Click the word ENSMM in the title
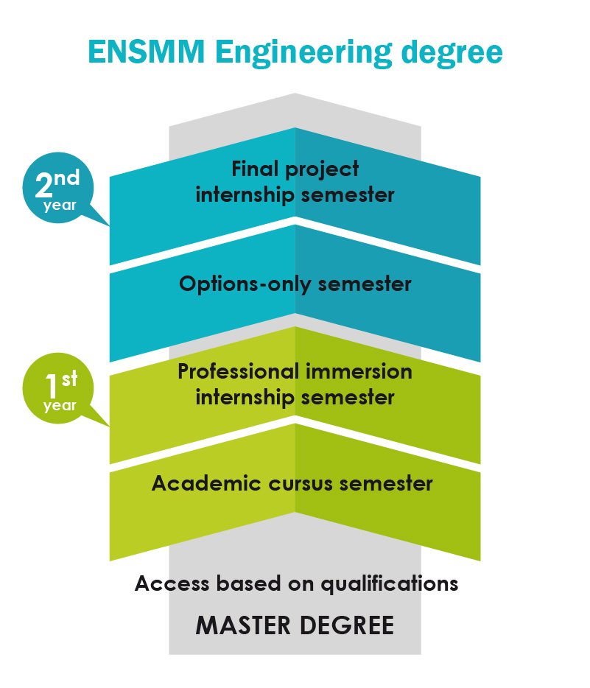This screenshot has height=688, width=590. click(x=147, y=52)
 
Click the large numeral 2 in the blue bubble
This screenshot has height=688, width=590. click(x=43, y=185)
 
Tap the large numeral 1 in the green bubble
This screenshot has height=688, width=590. click(x=52, y=385)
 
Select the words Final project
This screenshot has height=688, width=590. click(x=295, y=169)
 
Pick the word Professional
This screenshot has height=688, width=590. click(x=239, y=371)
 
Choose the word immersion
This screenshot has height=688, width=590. click(x=359, y=371)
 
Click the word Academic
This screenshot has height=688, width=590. click(x=206, y=483)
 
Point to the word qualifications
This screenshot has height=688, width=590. click(x=390, y=584)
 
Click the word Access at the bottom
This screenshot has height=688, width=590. click(x=172, y=583)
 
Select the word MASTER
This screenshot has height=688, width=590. click(x=243, y=625)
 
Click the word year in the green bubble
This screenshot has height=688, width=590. click(x=60, y=406)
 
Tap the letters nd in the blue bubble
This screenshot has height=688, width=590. click(x=67, y=178)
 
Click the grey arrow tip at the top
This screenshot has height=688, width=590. click(x=295, y=94)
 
